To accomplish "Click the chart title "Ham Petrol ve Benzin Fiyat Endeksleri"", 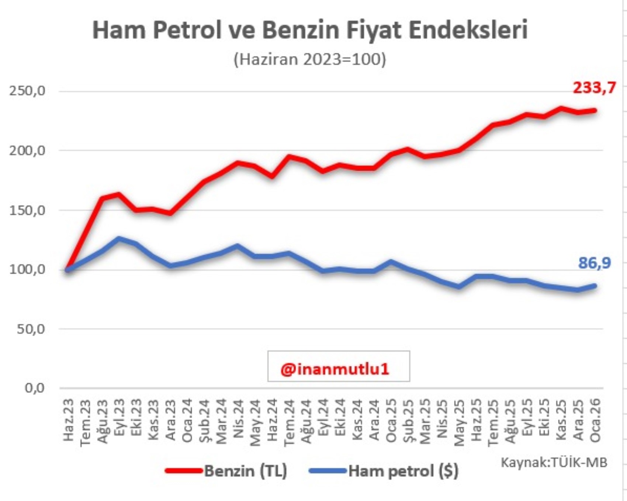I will tap(310, 30).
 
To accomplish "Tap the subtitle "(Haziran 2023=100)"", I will tap(310, 59).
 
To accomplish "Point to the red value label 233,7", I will tap(594, 88).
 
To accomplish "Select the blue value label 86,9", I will tap(594, 263).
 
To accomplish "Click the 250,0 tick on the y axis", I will tap(27, 91).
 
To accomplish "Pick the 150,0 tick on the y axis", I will tap(27, 210).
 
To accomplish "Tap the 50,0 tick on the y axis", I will tap(31, 329).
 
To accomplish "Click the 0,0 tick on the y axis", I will tap(35, 388).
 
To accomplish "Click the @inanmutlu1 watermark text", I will tap(335, 369).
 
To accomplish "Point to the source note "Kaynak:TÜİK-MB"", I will tap(554, 462).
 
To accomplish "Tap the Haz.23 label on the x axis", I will tap(69, 420).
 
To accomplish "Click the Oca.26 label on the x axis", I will tap(595, 420).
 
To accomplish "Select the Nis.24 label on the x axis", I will tap(238, 420).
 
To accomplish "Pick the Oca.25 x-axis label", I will tap(391, 420).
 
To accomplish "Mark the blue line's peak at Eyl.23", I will tap(119, 239).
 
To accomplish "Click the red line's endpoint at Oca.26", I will tap(595, 110).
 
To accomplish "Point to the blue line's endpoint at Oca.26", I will tap(595, 286).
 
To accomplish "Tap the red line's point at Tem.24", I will tap(289, 157).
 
